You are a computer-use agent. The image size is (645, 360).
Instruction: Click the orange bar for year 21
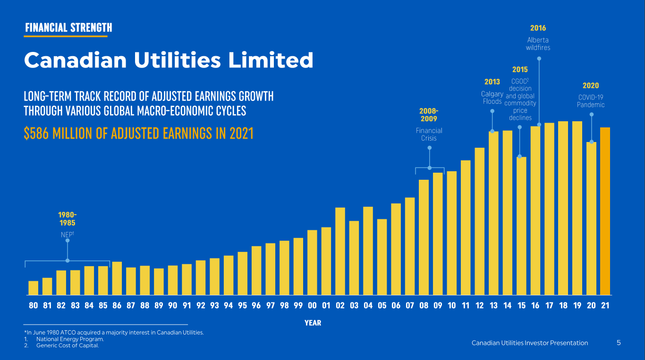click(605, 211)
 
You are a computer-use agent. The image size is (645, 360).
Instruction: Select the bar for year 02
click(340, 251)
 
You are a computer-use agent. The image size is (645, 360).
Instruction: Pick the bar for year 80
click(33, 288)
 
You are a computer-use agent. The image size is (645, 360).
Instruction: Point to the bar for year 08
click(424, 237)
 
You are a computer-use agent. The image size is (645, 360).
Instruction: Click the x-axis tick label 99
click(298, 306)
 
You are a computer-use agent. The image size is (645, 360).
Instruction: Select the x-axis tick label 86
click(117, 306)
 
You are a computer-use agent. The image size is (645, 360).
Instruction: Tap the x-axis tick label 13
click(493, 306)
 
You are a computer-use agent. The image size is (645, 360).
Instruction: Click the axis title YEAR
click(313, 323)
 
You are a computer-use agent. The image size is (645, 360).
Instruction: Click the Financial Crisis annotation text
click(429, 134)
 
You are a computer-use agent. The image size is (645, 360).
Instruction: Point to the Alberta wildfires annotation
click(538, 44)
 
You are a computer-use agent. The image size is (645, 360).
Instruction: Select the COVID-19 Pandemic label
click(590, 101)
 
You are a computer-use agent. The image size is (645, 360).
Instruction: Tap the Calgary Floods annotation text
click(492, 98)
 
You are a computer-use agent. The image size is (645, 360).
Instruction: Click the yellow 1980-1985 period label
click(67, 219)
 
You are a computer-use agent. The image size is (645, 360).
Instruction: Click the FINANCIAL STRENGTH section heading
click(68, 28)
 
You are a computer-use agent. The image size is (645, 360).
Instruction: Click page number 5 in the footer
click(619, 343)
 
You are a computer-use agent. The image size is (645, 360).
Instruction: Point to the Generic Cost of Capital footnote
click(68, 346)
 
